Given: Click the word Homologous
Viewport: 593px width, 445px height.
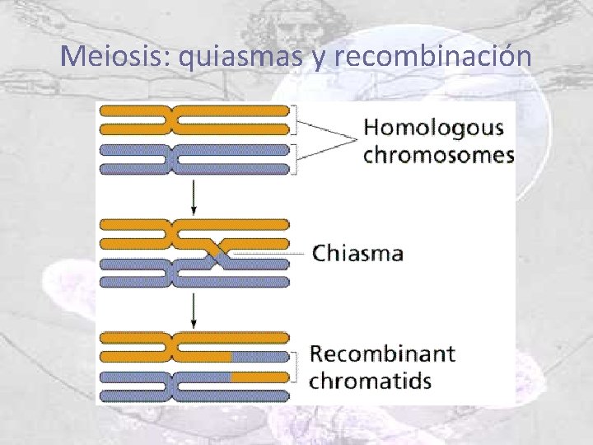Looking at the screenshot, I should tap(433, 129).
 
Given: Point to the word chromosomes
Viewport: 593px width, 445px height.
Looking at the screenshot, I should tap(439, 155).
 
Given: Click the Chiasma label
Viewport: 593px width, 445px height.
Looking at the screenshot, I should tap(357, 253).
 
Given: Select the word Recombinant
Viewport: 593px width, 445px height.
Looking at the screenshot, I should tap(382, 354).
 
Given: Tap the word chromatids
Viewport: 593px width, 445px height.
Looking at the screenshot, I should tap(371, 381).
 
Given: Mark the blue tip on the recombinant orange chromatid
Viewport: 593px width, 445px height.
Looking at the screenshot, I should tap(259, 357).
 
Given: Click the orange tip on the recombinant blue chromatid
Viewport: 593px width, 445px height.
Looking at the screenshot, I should tap(259, 377).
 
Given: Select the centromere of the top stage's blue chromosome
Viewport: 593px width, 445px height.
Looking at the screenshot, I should tap(173, 158).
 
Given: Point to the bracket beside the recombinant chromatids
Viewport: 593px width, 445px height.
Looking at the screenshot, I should tap(294, 367).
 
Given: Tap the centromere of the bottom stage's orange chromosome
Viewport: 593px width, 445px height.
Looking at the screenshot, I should tap(173, 347).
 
